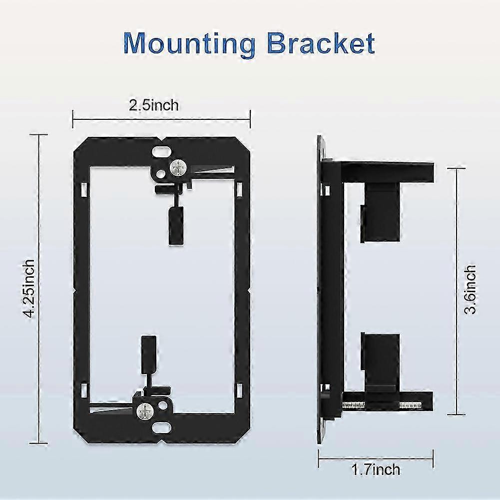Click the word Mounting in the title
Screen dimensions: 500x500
coord(189,43)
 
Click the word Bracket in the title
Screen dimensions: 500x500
coord(321,43)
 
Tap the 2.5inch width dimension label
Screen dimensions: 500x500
coord(154,105)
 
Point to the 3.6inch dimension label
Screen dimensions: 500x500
coord(470,290)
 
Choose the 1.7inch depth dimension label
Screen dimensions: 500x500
coord(376,470)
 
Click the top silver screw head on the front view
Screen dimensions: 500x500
coord(178,167)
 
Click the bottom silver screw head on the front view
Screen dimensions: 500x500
coord(145,412)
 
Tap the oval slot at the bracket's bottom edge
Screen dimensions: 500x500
coord(161,428)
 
